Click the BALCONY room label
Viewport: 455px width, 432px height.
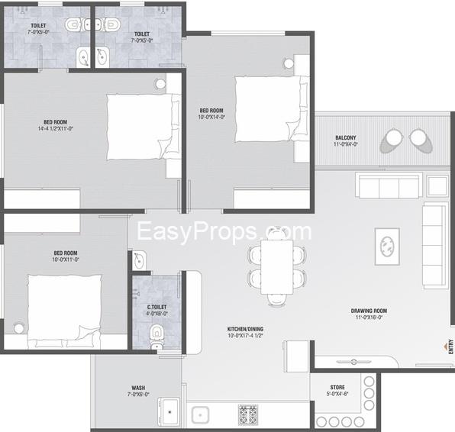point(345,137)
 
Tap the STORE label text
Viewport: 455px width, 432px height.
point(337,387)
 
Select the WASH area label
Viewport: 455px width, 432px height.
point(138,388)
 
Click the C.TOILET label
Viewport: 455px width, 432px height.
point(157,307)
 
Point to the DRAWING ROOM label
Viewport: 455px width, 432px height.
point(369,311)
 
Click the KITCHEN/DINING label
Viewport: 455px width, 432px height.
point(245,329)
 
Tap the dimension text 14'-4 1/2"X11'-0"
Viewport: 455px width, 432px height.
point(56,128)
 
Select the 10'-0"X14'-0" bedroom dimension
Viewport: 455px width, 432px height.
point(211,117)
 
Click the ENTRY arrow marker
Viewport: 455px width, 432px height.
point(445,346)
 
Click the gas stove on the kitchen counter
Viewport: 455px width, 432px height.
point(248,415)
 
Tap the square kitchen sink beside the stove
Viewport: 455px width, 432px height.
point(200,415)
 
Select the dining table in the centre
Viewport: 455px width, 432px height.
point(277,267)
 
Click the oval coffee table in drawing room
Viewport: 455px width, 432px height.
point(387,247)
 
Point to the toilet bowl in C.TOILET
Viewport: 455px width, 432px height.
point(157,337)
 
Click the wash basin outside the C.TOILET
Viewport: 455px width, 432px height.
point(139,260)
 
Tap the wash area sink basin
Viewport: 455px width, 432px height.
point(169,412)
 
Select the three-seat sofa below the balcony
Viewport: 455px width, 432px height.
point(389,185)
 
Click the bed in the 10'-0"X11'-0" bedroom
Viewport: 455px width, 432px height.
point(64,311)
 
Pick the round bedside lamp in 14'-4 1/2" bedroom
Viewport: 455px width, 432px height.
point(160,84)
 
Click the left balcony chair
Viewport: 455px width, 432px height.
point(392,140)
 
